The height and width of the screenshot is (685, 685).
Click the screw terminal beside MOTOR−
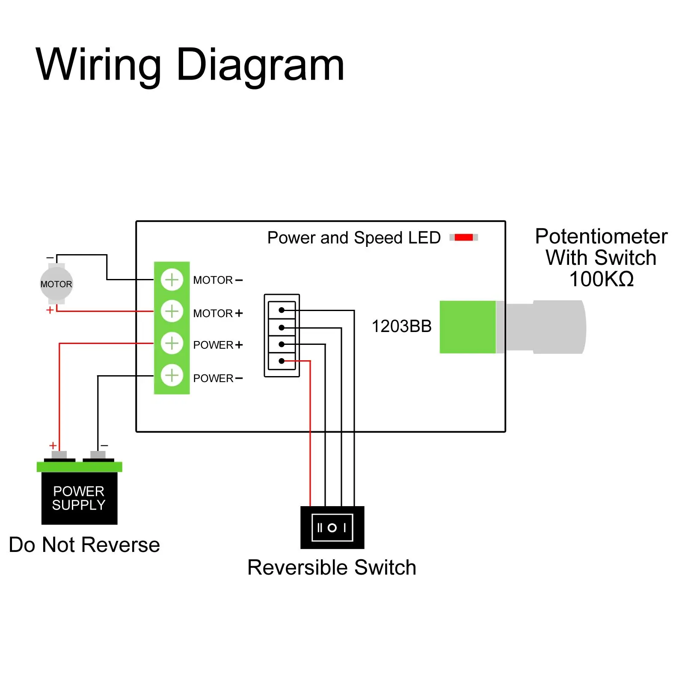click(x=172, y=280)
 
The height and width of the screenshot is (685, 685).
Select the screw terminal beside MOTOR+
click(x=172, y=311)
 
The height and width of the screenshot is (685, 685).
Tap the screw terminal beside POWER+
click(x=172, y=343)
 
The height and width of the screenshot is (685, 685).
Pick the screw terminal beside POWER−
click(x=172, y=375)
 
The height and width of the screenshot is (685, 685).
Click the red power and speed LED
click(x=464, y=237)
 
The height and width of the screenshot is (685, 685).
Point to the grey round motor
click(x=56, y=284)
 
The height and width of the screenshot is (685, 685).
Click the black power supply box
click(x=79, y=498)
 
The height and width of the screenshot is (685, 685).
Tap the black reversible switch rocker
click(x=332, y=528)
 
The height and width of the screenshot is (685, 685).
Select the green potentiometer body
click(x=468, y=327)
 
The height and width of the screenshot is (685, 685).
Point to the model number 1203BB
click(x=401, y=326)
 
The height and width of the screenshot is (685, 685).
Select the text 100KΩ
click(x=601, y=279)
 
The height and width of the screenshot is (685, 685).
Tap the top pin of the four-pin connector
click(x=282, y=310)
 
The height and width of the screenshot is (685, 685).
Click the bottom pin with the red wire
click(x=282, y=361)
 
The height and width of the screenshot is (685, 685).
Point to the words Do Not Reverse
click(x=84, y=545)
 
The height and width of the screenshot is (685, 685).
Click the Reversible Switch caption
click(x=332, y=568)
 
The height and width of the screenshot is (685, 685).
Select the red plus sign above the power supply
click(x=53, y=445)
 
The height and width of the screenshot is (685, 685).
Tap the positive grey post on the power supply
click(x=60, y=455)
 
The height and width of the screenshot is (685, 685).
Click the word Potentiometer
click(x=601, y=237)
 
